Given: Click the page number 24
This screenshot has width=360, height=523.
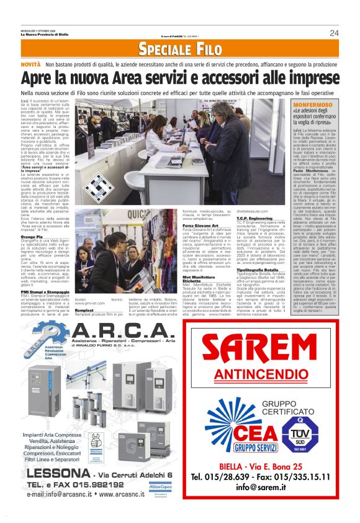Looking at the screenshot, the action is pos(334,33).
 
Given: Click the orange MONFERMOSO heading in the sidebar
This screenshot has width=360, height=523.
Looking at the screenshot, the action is pos(313,106).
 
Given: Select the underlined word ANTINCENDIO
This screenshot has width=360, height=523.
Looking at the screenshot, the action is pos(268,376).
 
